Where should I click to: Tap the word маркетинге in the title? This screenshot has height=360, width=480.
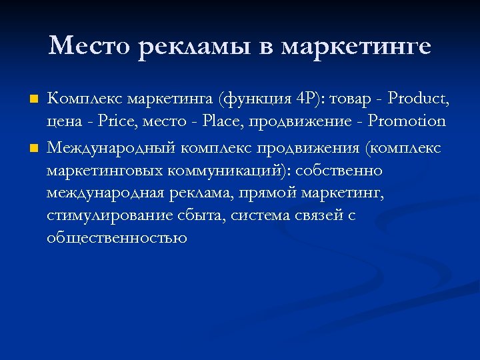[356, 47]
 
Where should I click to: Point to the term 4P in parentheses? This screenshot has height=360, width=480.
[305, 100]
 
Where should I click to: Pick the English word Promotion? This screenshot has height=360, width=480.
[407, 123]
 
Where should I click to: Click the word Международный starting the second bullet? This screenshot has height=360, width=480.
[110, 147]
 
